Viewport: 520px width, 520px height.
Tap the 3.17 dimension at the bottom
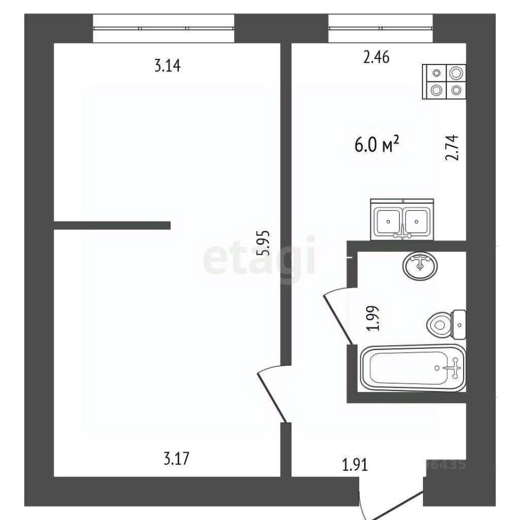tap(176, 460)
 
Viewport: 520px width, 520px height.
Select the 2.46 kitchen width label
tap(376, 57)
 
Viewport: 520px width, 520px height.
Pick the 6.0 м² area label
tap(378, 145)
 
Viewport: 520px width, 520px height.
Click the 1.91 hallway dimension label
tap(355, 464)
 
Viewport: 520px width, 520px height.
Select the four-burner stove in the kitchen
tap(444, 82)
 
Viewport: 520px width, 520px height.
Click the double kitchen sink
tap(402, 219)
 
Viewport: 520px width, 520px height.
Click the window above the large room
tap(164, 28)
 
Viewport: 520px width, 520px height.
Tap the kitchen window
tap(381, 28)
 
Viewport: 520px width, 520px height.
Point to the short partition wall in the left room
tap(112, 225)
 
